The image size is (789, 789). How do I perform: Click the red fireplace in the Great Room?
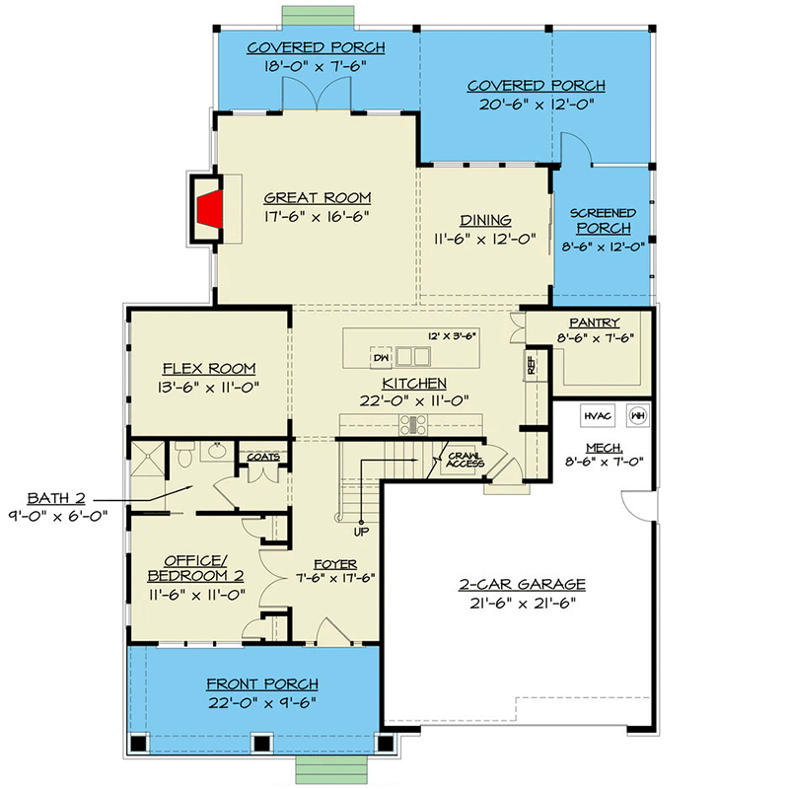[210, 209]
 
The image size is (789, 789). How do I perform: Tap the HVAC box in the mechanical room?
[598, 415]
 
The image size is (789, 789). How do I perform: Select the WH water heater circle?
[638, 415]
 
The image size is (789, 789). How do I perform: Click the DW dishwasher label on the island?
[381, 358]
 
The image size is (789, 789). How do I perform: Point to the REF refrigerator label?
[531, 365]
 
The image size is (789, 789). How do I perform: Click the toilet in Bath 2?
[185, 454]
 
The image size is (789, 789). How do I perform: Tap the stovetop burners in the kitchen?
[413, 425]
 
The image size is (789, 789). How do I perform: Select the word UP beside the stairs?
[361, 532]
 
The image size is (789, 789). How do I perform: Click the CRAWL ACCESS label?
[465, 460]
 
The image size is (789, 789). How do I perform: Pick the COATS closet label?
[263, 457]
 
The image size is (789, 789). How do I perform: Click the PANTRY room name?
[595, 323]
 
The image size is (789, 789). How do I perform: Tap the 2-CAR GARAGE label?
[523, 584]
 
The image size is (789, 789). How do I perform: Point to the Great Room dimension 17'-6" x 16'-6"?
[317, 216]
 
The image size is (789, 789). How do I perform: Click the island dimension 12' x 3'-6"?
[452, 336]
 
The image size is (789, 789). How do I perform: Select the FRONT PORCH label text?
[262, 684]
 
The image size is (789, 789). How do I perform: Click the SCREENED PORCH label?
[603, 221]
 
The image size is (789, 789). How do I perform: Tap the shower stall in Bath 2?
[147, 458]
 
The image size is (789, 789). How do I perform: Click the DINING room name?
[485, 220]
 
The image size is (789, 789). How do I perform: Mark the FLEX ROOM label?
[209, 369]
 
